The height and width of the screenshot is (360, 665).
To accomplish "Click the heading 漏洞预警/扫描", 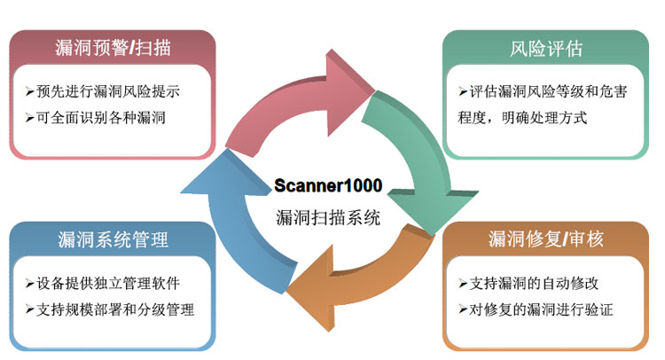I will tap(113, 48).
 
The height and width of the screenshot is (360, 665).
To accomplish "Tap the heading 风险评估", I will tap(547, 48).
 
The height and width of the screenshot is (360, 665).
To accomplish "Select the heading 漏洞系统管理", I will tap(113, 239).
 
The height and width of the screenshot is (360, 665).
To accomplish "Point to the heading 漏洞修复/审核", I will tap(547, 239).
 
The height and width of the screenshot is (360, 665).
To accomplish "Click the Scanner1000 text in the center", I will tap(329, 187).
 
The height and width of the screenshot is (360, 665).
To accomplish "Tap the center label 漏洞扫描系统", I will tap(329, 216).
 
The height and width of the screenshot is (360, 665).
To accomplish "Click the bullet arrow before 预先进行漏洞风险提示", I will tap(31, 91).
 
